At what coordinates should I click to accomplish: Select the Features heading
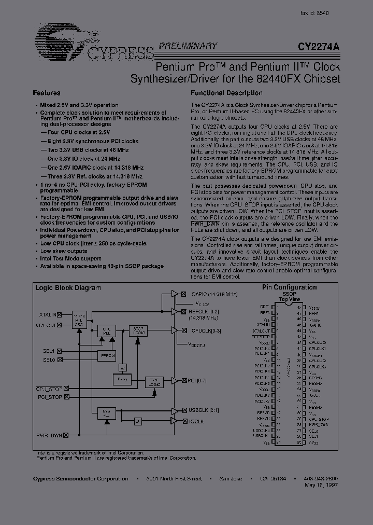click(x=46, y=93)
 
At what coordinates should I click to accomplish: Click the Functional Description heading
click(x=226, y=93)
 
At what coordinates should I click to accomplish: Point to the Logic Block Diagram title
click(x=67, y=287)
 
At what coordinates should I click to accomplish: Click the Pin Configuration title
click(x=289, y=287)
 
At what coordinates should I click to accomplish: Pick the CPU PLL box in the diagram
click(x=106, y=330)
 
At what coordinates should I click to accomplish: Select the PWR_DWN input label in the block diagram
click(x=49, y=436)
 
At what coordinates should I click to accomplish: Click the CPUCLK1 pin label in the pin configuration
click(x=318, y=348)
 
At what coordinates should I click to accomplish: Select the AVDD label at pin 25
click(x=314, y=443)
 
